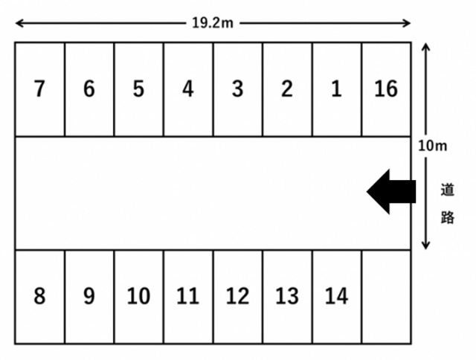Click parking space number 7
39,89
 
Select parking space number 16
387,89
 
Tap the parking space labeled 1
337,89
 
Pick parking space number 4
188,89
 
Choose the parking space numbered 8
39,297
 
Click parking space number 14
337,297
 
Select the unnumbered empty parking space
387,297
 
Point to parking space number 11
188,297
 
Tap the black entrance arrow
391,192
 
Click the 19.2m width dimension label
213,23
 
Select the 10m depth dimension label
433,146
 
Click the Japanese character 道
447,190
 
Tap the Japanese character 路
447,217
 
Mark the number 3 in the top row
238,89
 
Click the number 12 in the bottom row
238,296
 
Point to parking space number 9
89,297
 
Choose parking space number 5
139,89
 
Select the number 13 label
287,296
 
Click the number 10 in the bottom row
138,296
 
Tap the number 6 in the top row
89,89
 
